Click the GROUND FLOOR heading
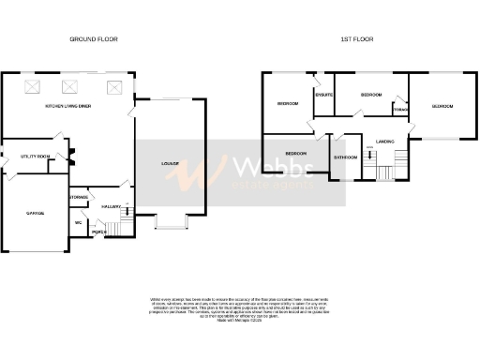(x=94, y=39)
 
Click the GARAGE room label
(x=35, y=213)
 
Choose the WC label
(x=79, y=223)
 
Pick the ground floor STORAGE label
(x=79, y=198)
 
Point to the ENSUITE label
(x=325, y=95)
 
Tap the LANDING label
(x=384, y=141)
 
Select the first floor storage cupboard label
(x=400, y=110)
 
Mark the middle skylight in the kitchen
(x=68, y=87)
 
